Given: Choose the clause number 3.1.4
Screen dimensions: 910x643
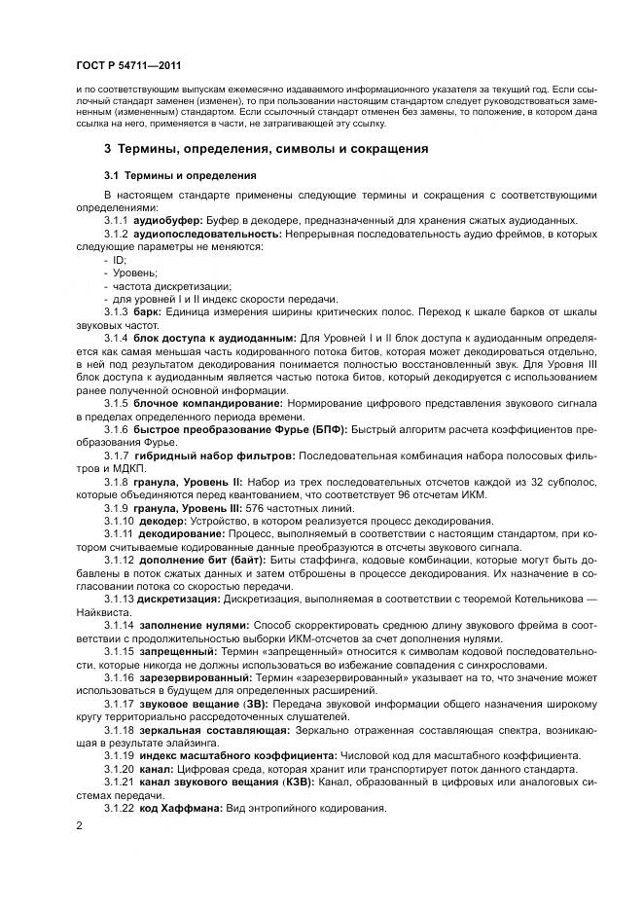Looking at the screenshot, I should (x=117, y=336).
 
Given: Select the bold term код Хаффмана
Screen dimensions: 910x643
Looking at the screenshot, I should (x=179, y=807).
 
